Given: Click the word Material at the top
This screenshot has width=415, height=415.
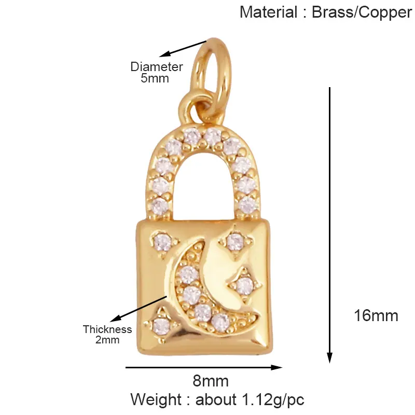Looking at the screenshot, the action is click(268, 12).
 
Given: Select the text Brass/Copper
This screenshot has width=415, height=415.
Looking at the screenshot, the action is click(362, 13).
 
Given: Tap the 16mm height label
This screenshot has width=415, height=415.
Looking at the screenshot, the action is click(376, 316).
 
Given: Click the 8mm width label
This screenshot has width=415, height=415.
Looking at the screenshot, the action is click(211, 381).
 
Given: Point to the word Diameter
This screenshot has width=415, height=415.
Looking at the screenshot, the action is click(157, 67).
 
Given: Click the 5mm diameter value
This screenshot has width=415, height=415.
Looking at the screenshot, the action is click(155, 78).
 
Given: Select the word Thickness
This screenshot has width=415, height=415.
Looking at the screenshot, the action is click(107, 329).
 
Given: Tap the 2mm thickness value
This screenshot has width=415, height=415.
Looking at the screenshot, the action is click(107, 340).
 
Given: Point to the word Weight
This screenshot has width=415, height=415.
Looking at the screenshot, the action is click(156, 399).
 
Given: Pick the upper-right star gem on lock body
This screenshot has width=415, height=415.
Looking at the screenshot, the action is click(235, 241).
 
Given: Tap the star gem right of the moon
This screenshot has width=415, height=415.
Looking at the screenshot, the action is click(245, 285).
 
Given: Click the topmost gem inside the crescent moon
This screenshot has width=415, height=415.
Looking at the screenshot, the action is click(189, 274).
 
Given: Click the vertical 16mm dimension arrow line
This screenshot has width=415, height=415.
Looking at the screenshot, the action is click(329, 225).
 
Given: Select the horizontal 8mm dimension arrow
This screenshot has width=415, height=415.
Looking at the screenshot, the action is click(204, 367).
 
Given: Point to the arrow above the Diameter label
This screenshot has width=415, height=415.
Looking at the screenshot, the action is click(183, 49).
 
